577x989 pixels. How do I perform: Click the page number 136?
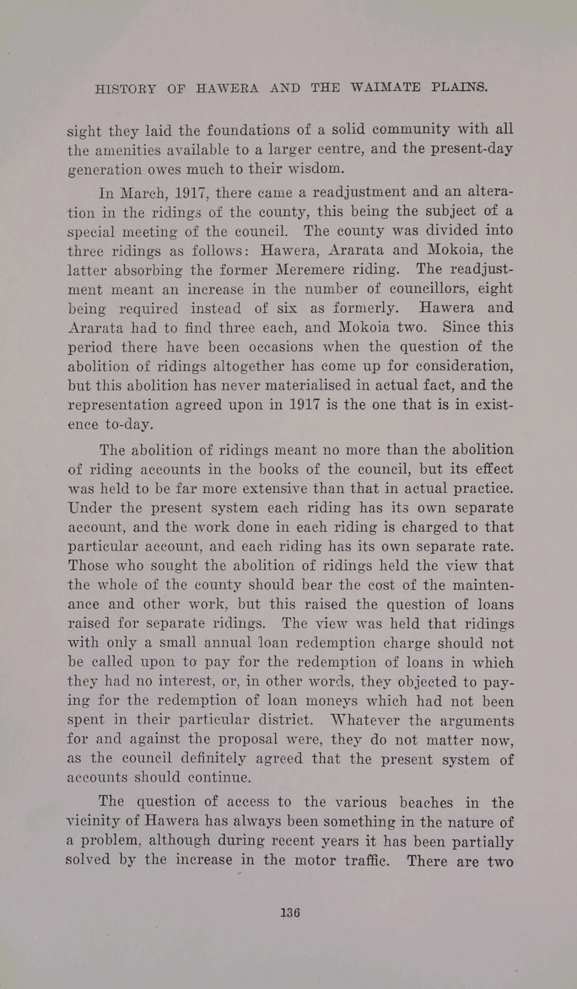[290, 912]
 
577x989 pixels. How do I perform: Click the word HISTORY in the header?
[125, 89]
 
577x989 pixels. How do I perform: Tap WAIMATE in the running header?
[385, 87]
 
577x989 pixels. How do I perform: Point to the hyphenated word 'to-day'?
[129, 425]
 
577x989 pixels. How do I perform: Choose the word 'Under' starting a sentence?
[86, 507]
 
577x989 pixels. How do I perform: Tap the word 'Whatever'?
[365, 720]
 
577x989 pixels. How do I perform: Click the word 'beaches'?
[426, 802]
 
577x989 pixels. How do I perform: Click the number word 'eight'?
[495, 288]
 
